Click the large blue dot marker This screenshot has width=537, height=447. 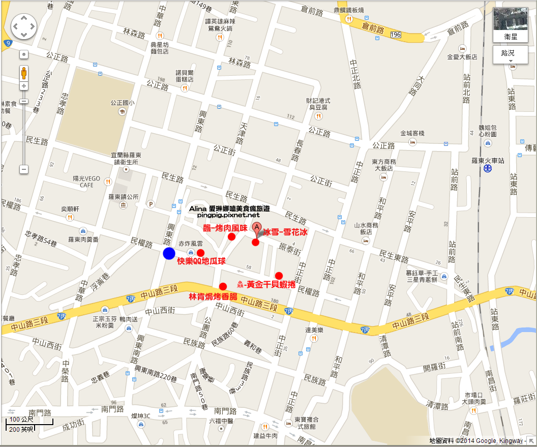coord(169,253)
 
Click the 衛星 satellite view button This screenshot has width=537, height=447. coord(510,25)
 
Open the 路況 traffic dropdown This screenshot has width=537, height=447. coord(510,54)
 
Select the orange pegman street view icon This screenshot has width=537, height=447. coord(24,73)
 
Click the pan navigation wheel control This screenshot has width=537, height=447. coord(24,26)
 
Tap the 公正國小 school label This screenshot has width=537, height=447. coord(122,102)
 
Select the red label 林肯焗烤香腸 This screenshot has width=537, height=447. coord(213,296)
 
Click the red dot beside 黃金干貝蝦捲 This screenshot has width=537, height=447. coord(279,276)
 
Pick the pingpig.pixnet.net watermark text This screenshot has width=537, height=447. coord(228,215)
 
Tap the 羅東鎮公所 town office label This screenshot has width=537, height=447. coord(123,197)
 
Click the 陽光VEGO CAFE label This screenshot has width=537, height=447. coord(86,182)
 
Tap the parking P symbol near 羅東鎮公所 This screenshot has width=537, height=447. coord(151,204)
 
